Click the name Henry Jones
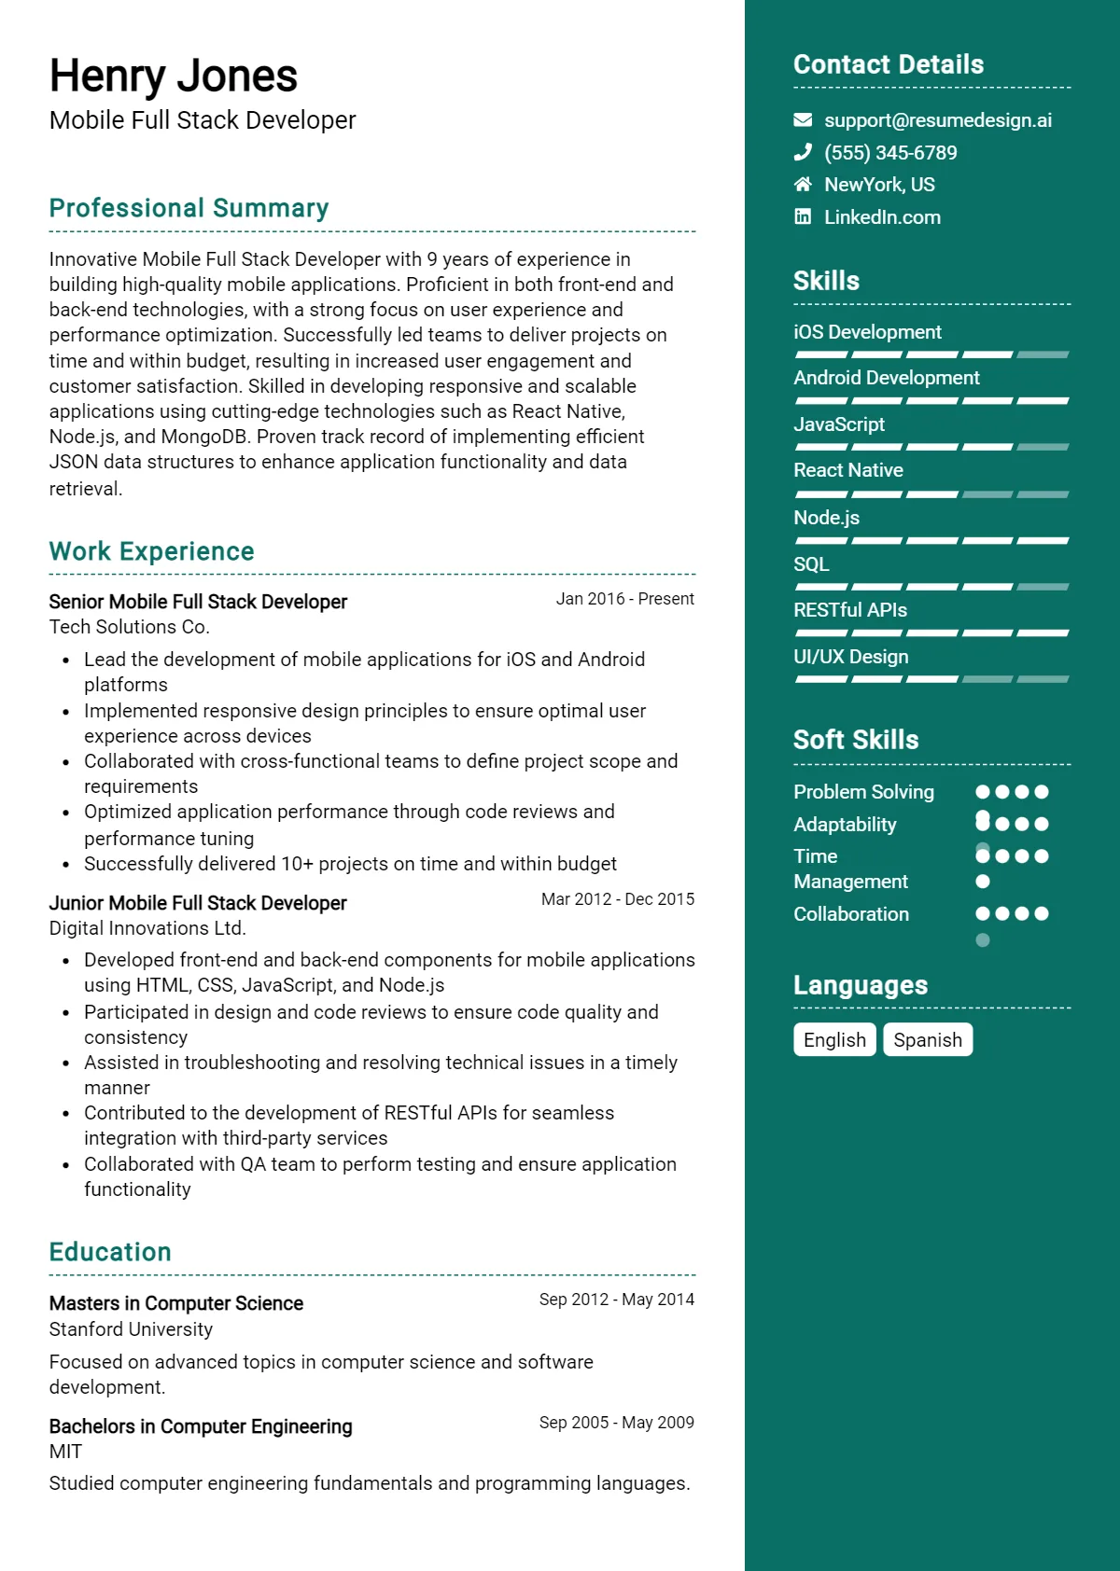[x=173, y=76]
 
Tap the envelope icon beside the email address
[x=803, y=120]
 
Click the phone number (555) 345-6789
[x=890, y=153]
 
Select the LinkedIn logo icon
[x=803, y=216]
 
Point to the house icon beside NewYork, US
[x=803, y=184]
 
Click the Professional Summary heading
[x=189, y=208]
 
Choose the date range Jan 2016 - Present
[x=624, y=599]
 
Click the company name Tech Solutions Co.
[x=129, y=627]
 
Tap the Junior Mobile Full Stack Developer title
[x=197, y=903]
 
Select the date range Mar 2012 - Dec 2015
[x=617, y=899]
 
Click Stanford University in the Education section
[x=131, y=1329]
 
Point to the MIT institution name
[x=65, y=1452]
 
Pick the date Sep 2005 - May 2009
[x=616, y=1423]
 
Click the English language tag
[x=834, y=1040]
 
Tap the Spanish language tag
[x=927, y=1040]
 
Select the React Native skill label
[x=847, y=470]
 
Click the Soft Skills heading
[x=855, y=740]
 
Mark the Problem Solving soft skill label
[x=863, y=792]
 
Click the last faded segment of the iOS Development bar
[x=1043, y=355]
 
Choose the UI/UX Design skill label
[x=850, y=657]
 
